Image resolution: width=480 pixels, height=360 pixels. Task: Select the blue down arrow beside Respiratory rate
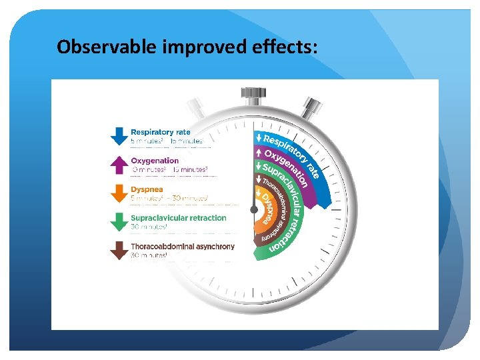pos(119,135)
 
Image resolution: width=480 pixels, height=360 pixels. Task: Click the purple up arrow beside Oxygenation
pos(119,164)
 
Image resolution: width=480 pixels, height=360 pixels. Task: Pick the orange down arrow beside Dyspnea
pos(119,193)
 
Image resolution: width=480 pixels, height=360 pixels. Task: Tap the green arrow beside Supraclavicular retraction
pos(119,221)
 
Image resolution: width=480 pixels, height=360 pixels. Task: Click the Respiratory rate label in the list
pos(160,132)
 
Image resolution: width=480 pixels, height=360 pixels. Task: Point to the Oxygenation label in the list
pos(155,161)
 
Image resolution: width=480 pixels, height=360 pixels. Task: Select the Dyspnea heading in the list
pos(147,189)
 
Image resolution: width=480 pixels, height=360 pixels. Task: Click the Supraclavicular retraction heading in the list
pos(178,218)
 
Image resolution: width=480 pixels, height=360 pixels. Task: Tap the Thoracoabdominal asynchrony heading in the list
pos(183,247)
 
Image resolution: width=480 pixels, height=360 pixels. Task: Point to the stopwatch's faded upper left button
pos(195,107)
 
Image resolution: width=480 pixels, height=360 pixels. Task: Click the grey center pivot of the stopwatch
pos(253,209)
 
